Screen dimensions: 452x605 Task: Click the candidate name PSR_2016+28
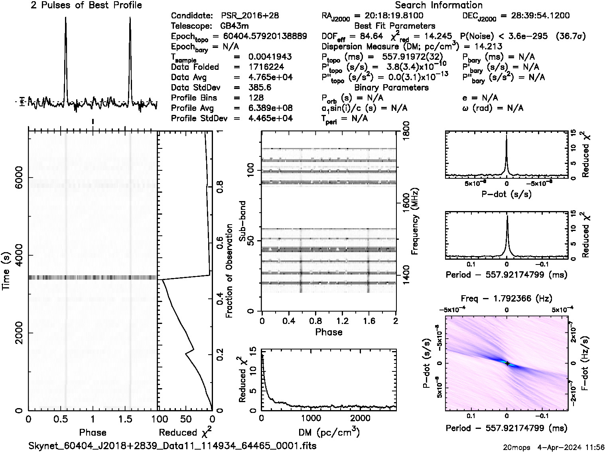pos(250,16)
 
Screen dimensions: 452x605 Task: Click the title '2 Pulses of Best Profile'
pos(86,5)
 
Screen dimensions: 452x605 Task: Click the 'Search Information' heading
pos(438,5)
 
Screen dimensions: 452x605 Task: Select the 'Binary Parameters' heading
pos(391,87)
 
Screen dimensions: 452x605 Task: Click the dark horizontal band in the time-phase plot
pos(93,277)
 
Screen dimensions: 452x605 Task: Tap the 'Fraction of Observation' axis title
pos(229,271)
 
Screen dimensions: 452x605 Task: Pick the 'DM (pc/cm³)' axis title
pos(329,432)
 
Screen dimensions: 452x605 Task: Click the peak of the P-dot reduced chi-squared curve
pos(506,136)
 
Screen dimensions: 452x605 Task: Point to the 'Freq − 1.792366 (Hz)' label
pos(506,298)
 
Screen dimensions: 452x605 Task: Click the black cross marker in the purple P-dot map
pos(507,363)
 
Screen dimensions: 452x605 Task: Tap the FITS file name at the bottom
pos(172,446)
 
